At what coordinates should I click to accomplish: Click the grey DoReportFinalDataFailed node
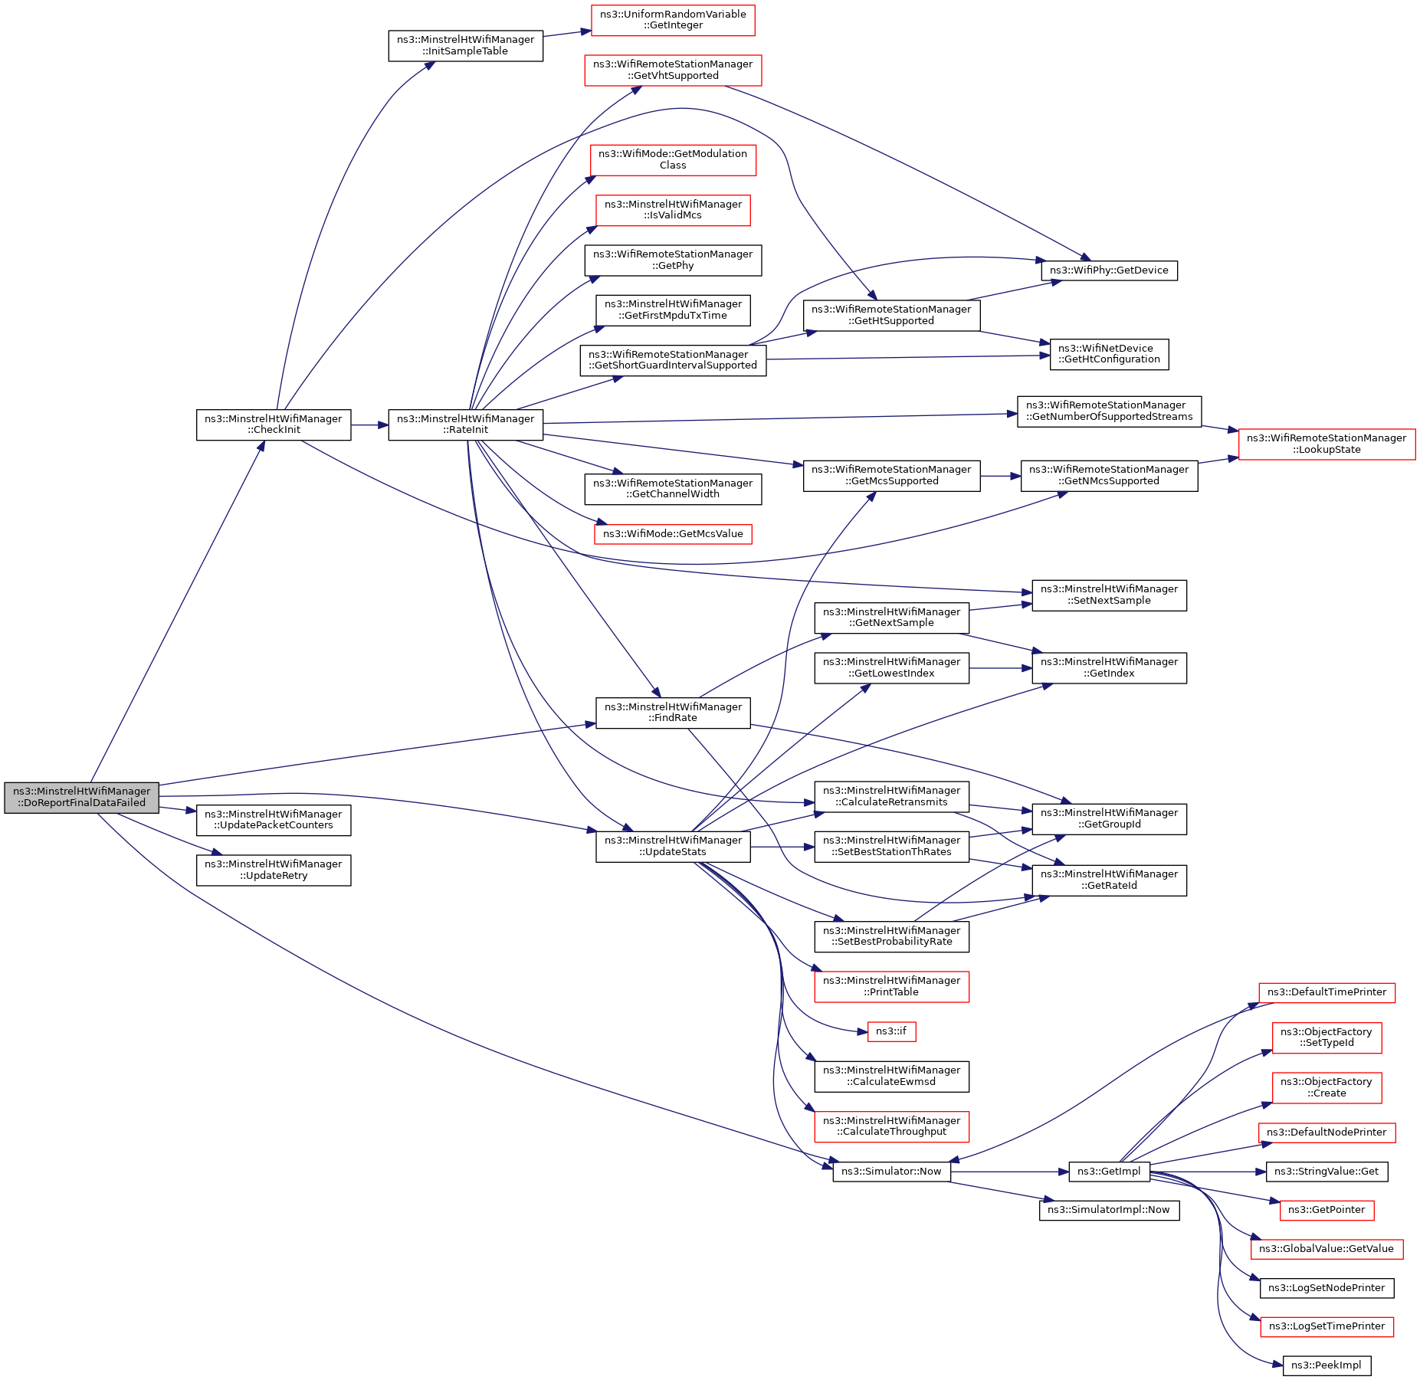pyautogui.click(x=81, y=798)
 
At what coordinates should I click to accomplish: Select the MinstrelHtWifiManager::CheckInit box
pyautogui.click(x=274, y=424)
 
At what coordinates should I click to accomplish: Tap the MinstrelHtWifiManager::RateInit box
pyautogui.click(x=465, y=424)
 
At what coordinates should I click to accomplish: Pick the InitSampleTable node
pyautogui.click(x=465, y=46)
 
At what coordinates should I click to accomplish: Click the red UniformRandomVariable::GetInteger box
pyautogui.click(x=673, y=20)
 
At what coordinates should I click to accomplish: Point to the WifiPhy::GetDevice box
pyautogui.click(x=1109, y=270)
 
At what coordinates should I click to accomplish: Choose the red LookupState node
pyautogui.click(x=1327, y=444)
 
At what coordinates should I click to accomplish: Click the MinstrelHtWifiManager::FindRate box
pyautogui.click(x=673, y=713)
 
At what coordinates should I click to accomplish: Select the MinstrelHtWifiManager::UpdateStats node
pyautogui.click(x=673, y=846)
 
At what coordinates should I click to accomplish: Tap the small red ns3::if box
pyautogui.click(x=891, y=1031)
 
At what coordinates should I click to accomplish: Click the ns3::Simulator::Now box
pyautogui.click(x=891, y=1172)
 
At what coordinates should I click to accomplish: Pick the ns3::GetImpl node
pyautogui.click(x=1109, y=1172)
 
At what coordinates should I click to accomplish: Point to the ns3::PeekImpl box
pyautogui.click(x=1327, y=1365)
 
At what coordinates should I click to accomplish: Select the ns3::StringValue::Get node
pyautogui.click(x=1327, y=1172)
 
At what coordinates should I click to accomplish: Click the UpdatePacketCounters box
pyautogui.click(x=274, y=820)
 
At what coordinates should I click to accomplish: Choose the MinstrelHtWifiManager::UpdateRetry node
pyautogui.click(x=274, y=870)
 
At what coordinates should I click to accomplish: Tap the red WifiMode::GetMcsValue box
pyautogui.click(x=673, y=534)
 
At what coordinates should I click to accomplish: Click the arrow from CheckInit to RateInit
pyautogui.click(x=369, y=424)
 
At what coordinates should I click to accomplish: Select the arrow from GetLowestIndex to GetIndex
pyautogui.click(x=1000, y=668)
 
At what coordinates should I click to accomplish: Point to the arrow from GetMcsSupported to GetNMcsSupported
pyautogui.click(x=1000, y=476)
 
